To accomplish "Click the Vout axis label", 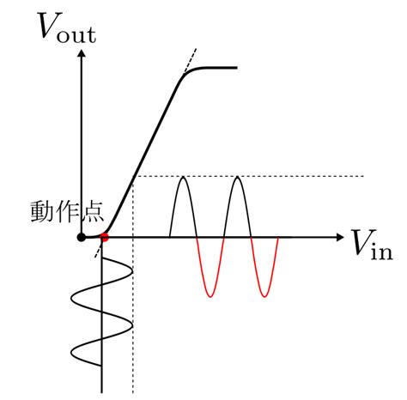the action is click(67, 27).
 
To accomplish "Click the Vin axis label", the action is click(373, 245).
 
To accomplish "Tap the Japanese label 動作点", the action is click(67, 212).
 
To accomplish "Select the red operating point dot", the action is click(105, 237).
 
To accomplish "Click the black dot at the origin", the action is click(82, 237).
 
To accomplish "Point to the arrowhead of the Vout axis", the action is click(82, 53).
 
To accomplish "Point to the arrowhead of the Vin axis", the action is click(340, 237).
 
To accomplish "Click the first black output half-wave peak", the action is click(184, 178).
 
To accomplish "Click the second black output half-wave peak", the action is click(237, 178).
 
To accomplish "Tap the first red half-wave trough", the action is click(210, 296).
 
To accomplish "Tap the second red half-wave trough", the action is click(264, 296).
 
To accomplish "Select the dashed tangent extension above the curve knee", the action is click(191, 60).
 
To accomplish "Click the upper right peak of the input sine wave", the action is click(132, 271).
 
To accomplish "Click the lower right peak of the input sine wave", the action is click(132, 325).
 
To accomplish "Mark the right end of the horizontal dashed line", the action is click(363, 176).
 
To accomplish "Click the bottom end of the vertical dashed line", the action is click(133, 392).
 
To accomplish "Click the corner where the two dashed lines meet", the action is click(133, 176).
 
